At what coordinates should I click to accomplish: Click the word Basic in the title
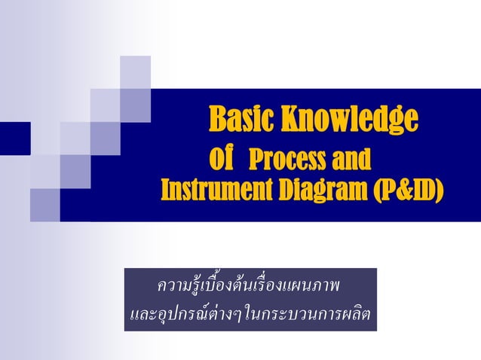pyautogui.click(x=241, y=121)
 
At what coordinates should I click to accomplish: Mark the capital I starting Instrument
pyautogui.click(x=165, y=191)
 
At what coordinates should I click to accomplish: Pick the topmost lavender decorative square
pyautogui.click(x=135, y=72)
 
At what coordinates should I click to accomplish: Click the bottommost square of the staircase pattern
pyautogui.click(x=45, y=204)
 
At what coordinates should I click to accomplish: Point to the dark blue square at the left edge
pyautogui.click(x=14, y=137)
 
